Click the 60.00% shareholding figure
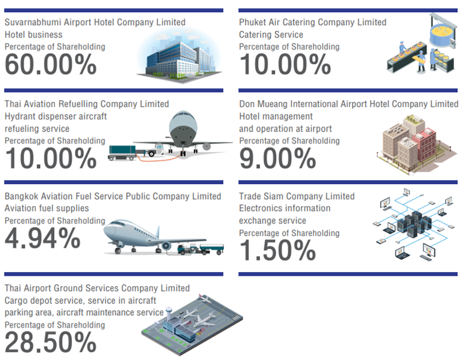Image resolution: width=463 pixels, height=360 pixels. (x=51, y=65)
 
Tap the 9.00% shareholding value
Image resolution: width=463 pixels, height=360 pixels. (x=278, y=158)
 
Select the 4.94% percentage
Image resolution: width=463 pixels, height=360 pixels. (x=43, y=238)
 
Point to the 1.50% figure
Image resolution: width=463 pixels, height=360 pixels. (x=278, y=250)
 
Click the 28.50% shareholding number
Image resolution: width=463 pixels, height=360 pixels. (x=51, y=342)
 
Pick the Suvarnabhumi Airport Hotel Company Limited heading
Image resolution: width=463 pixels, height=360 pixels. (x=95, y=22)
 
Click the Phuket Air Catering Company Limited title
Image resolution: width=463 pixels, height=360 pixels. (x=313, y=22)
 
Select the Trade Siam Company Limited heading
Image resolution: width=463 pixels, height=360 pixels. (x=297, y=196)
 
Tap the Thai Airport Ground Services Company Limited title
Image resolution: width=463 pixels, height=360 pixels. (x=97, y=288)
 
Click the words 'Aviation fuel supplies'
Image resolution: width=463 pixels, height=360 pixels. (x=47, y=208)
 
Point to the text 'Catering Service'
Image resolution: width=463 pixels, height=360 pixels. (x=271, y=34)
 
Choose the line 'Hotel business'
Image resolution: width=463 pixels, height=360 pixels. (x=33, y=34)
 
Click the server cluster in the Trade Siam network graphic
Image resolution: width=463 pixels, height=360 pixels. (x=413, y=223)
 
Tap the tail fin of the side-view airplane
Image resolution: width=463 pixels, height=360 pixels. (x=157, y=231)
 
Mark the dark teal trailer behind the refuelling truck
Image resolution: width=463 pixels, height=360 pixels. (x=122, y=152)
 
